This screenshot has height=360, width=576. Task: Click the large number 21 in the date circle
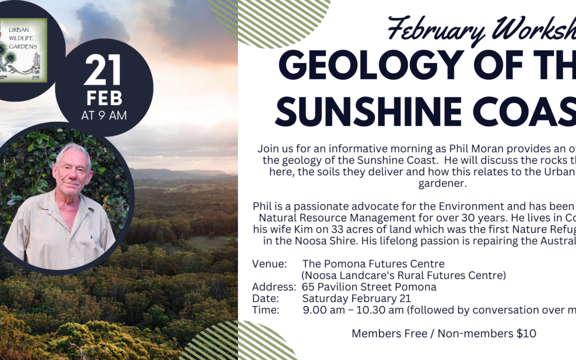point(103,71)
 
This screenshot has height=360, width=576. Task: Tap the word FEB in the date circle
point(104,99)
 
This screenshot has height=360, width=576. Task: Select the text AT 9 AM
point(104,115)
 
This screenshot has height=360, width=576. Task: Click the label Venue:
point(270,264)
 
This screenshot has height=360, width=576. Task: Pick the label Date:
point(266,299)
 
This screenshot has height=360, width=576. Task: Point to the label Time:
point(266,310)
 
